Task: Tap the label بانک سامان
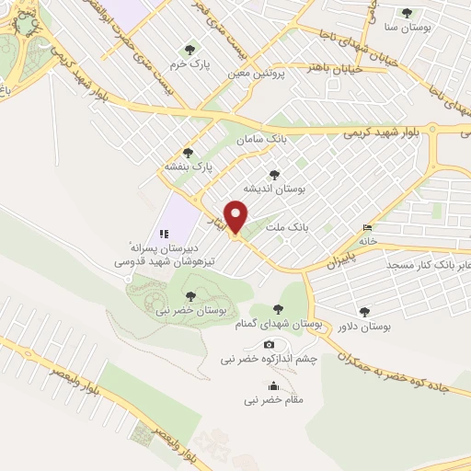click(257, 139)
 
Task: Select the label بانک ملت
click(285, 225)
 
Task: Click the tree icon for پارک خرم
click(190, 49)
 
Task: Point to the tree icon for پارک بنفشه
click(189, 153)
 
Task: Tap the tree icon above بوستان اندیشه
click(273, 173)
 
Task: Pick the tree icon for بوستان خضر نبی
click(190, 295)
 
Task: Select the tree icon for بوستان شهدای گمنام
click(278, 310)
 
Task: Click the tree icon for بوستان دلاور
click(364, 312)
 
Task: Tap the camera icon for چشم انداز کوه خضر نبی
click(270, 344)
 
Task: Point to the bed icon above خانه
click(368, 227)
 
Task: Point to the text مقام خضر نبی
click(273, 400)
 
